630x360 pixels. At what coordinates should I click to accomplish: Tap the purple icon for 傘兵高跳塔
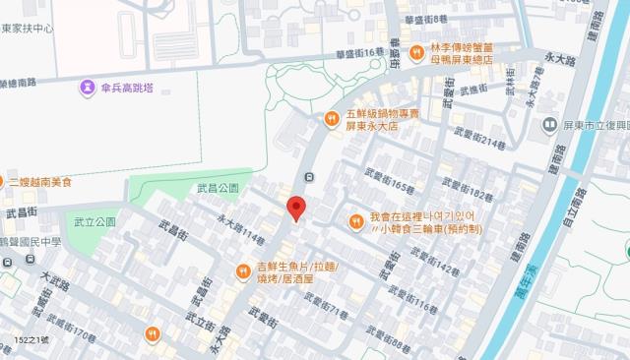[90, 89]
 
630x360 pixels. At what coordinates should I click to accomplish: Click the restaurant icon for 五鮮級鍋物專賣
[332, 120]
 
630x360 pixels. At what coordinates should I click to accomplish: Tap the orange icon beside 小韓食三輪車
[356, 222]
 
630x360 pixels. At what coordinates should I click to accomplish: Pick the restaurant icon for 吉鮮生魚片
[243, 271]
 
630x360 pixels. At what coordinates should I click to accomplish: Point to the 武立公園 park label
[94, 222]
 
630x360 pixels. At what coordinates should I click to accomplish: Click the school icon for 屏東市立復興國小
[548, 125]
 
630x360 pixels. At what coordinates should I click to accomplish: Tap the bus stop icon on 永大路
[309, 177]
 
